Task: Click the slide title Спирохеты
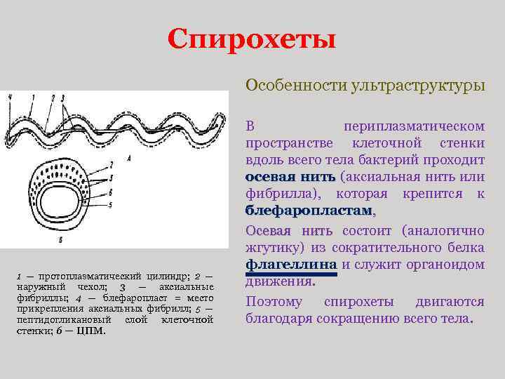click(252, 39)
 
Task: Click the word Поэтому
click(274, 301)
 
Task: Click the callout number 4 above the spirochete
click(10, 96)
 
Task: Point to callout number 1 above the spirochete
click(32, 96)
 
